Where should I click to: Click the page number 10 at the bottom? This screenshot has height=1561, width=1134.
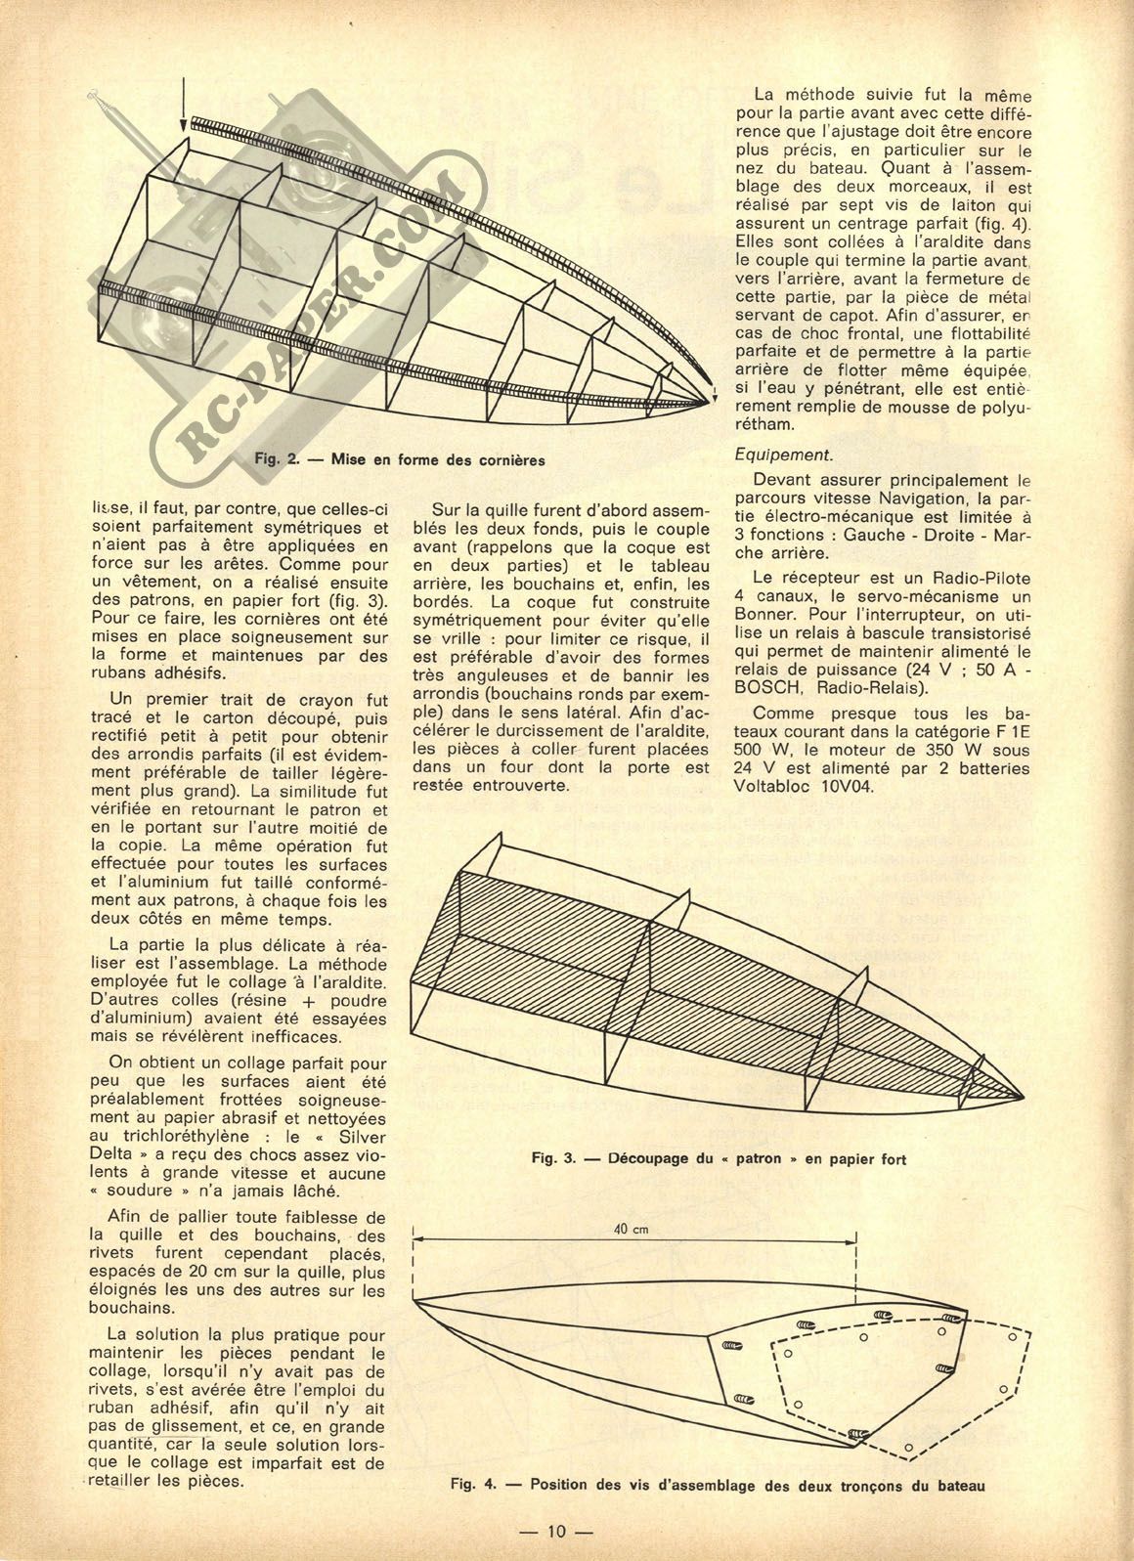click(557, 1532)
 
